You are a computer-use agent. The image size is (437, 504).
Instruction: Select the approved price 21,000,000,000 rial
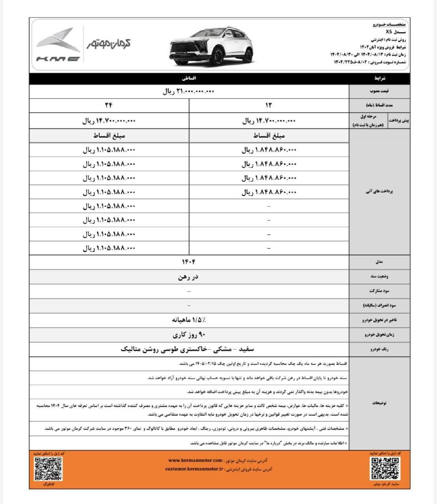tap(189, 91)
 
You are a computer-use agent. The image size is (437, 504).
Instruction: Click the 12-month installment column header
tap(269, 106)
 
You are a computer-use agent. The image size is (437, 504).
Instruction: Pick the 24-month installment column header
tap(109, 106)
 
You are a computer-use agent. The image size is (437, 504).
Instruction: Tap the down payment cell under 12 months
tap(269, 121)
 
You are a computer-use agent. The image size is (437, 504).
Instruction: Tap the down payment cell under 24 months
tap(109, 121)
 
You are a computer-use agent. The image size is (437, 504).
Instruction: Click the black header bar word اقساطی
tap(189, 78)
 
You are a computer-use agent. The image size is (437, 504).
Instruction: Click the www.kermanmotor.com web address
tap(195, 460)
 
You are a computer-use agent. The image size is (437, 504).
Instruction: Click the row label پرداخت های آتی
tap(379, 192)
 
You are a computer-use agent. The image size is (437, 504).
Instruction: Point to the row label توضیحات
tap(379, 403)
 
